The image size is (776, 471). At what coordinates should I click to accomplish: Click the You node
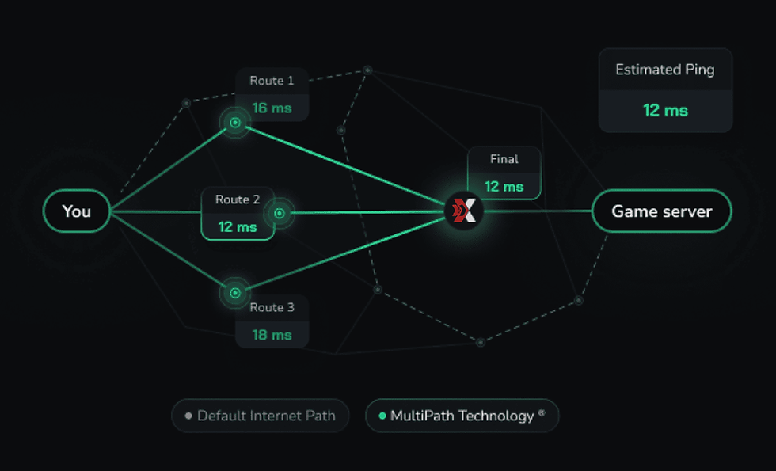(77, 211)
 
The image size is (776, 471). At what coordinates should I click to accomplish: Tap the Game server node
(662, 211)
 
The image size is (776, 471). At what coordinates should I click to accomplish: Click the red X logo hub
(464, 211)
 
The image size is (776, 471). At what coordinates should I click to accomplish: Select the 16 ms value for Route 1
(272, 108)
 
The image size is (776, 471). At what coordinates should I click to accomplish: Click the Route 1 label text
(272, 81)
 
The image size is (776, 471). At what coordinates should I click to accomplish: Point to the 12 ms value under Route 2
(238, 227)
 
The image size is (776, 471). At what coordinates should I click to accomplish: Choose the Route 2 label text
(238, 199)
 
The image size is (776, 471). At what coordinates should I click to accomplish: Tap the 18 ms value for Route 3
(272, 335)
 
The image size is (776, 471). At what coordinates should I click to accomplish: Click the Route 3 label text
(272, 307)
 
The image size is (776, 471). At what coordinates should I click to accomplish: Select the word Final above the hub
(504, 159)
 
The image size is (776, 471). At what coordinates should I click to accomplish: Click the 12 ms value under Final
(504, 187)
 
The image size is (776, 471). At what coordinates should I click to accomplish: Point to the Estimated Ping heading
(665, 70)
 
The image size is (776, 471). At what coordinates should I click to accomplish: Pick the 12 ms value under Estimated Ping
(665, 111)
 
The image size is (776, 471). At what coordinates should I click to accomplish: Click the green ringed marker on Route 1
(235, 123)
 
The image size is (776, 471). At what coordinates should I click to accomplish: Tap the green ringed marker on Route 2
(279, 212)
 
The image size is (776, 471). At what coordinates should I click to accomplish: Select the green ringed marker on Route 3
(235, 293)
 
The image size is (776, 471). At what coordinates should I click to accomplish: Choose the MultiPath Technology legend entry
(462, 416)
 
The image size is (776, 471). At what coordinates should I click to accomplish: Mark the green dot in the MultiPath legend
(382, 416)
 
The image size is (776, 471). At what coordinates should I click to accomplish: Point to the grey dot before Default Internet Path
(188, 416)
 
